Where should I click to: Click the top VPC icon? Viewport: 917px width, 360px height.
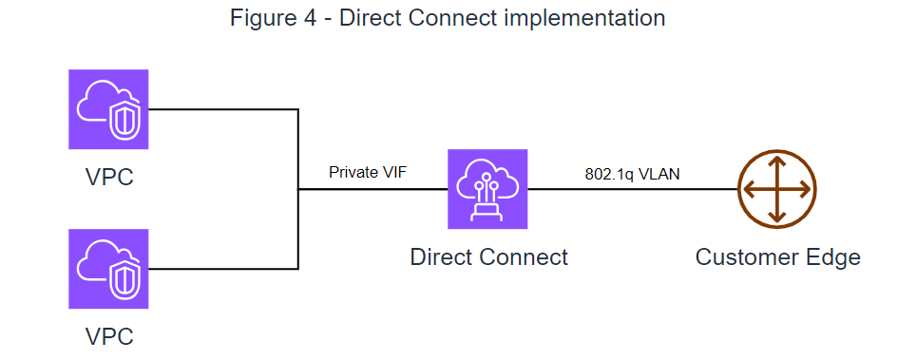point(108,108)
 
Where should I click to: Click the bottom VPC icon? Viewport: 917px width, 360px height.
point(108,269)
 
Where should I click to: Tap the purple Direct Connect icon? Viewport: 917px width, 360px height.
point(487,188)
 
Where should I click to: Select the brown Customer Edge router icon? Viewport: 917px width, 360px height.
point(777,188)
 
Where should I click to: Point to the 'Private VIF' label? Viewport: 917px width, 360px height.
point(368,172)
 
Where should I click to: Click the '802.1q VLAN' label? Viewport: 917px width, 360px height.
point(632,174)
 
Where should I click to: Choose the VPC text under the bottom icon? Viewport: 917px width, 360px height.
point(107,335)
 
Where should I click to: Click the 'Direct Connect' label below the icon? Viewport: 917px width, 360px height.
point(488,256)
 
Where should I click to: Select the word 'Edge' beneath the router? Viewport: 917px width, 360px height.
point(835,256)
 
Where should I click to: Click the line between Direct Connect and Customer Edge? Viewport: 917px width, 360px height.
point(632,189)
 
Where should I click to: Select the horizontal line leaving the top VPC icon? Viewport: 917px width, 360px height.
point(223,109)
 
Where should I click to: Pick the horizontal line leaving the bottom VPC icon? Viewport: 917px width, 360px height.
point(223,269)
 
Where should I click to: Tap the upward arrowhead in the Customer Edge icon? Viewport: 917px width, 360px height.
point(777,161)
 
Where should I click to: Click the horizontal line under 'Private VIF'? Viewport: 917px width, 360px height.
point(371,189)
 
